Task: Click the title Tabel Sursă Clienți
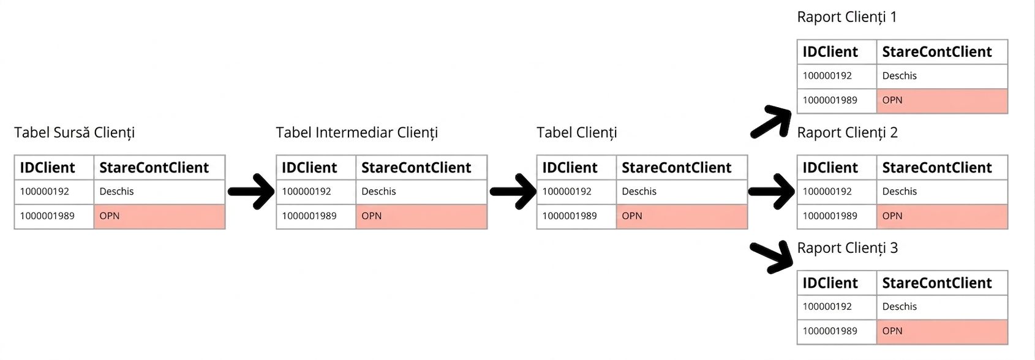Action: point(74,133)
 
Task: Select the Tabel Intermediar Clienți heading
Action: point(356,133)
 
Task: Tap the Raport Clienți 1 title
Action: point(847,17)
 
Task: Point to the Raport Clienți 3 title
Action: point(848,248)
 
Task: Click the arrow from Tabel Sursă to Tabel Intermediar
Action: point(251,191)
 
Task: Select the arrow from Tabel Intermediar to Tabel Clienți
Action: point(513,191)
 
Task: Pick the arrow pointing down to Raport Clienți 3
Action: point(770,257)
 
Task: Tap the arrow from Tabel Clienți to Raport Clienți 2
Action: point(771,191)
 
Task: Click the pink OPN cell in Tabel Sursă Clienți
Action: point(159,216)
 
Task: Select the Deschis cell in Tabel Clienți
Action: point(682,192)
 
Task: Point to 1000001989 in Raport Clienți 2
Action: point(830,216)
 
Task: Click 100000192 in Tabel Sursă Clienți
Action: point(44,191)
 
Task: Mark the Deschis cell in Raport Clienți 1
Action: point(942,77)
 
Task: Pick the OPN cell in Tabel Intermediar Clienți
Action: point(421,216)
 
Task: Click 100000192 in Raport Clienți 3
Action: point(827,306)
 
